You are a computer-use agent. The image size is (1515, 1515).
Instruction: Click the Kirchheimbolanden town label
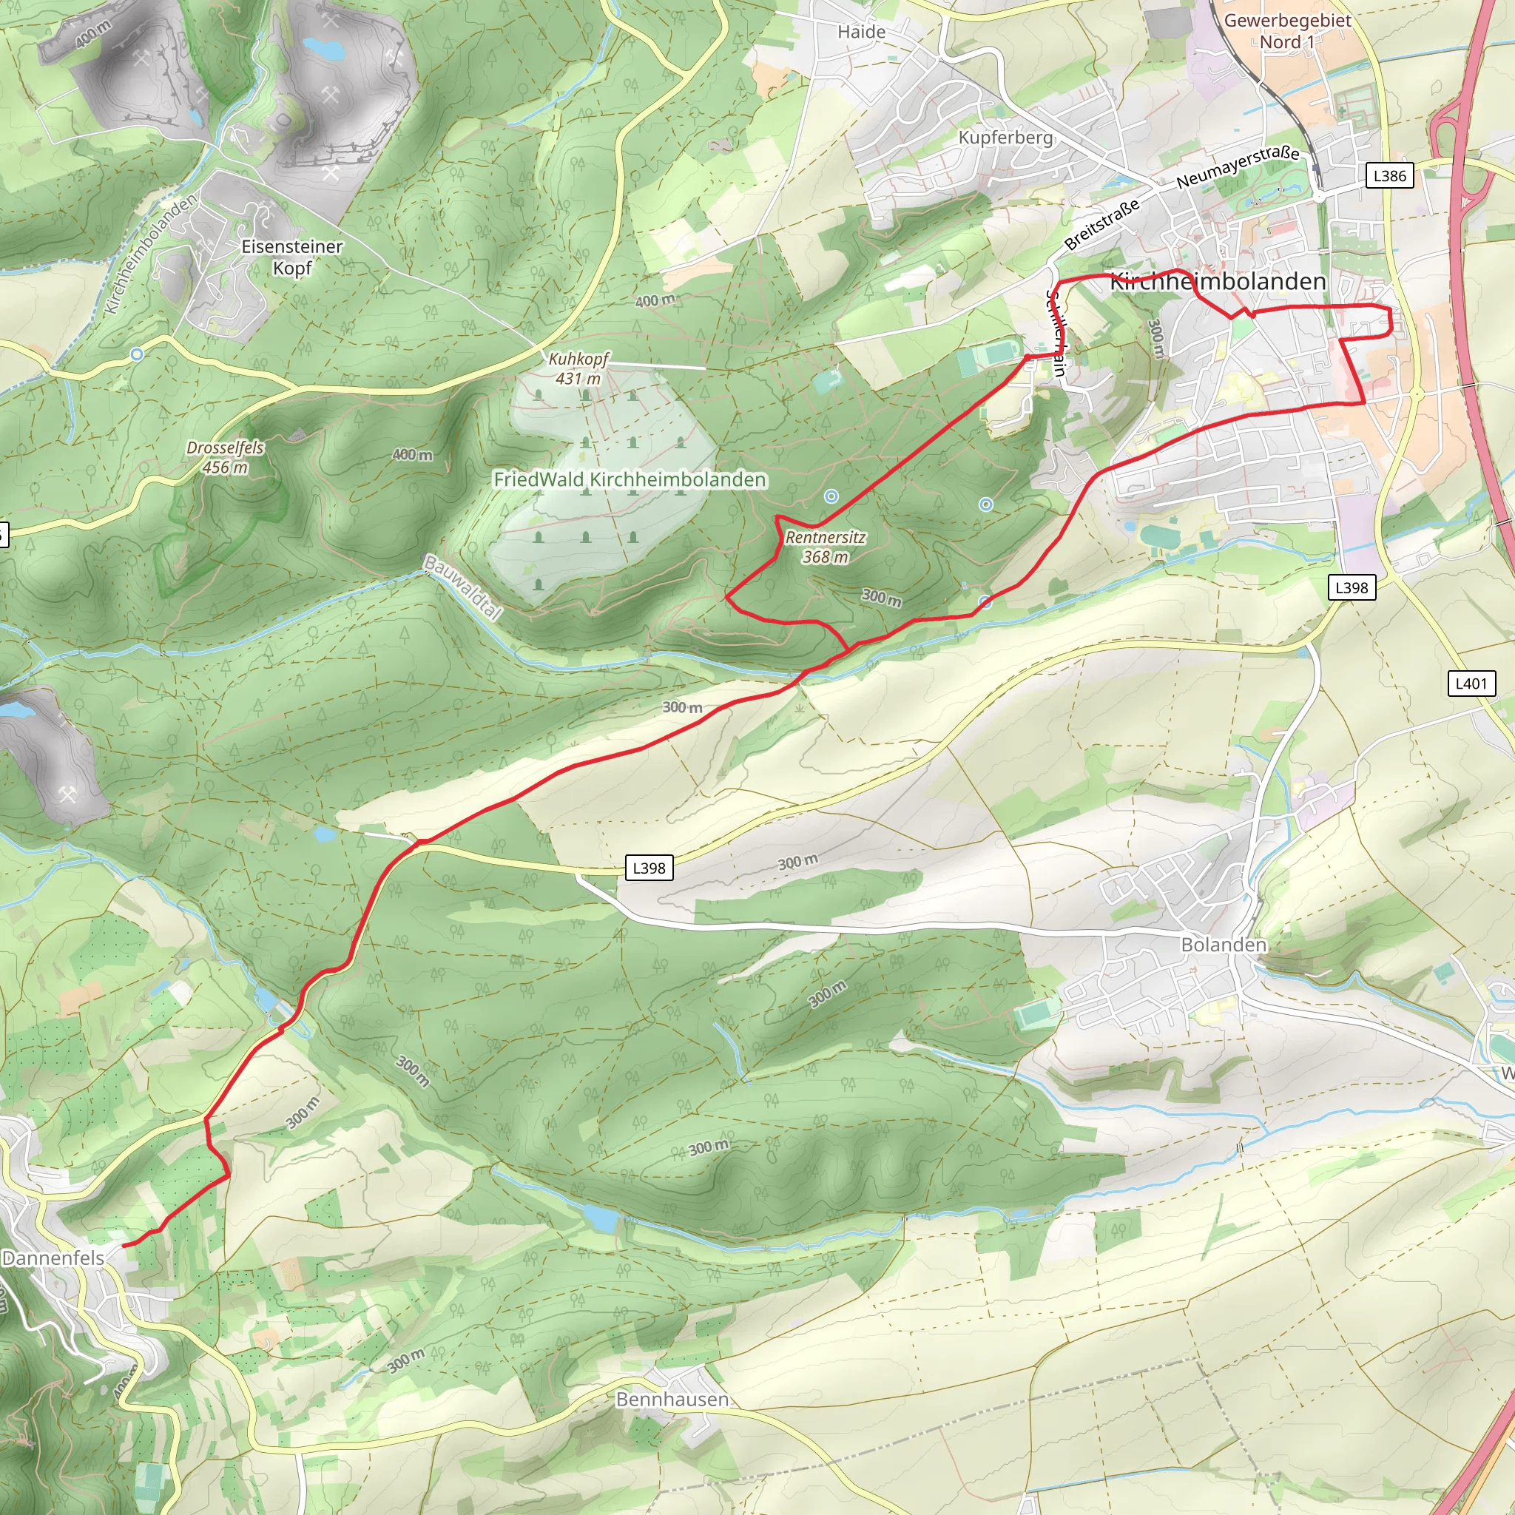pos(1218,282)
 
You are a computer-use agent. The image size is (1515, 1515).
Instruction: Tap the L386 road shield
pos(1389,175)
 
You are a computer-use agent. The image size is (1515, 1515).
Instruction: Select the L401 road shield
pos(1471,683)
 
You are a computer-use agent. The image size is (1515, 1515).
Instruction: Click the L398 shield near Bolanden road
pos(649,868)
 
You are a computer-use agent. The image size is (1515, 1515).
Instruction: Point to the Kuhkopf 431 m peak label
pos(578,368)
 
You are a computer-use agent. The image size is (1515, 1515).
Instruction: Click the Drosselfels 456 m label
pos(225,457)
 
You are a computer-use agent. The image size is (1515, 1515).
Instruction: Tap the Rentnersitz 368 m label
pos(825,547)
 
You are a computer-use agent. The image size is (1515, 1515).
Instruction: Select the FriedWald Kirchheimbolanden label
pos(630,479)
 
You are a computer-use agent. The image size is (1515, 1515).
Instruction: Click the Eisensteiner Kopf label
pos(291,257)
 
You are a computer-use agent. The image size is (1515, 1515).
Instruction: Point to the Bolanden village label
pos(1224,945)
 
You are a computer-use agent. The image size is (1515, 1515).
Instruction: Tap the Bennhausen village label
pos(672,1399)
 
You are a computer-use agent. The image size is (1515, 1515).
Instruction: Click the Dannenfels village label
pos(53,1258)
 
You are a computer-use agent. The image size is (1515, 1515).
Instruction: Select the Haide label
pos(861,32)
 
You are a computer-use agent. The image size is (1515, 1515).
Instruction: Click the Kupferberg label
pos(1005,138)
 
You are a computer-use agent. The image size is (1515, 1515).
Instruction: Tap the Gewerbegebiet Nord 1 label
pos(1288,30)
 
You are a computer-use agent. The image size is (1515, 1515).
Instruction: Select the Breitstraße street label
pos(1101,225)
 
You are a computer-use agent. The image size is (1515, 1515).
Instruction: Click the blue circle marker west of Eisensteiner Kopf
pos(136,354)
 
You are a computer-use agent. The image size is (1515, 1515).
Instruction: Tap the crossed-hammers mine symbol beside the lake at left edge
pos(67,795)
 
